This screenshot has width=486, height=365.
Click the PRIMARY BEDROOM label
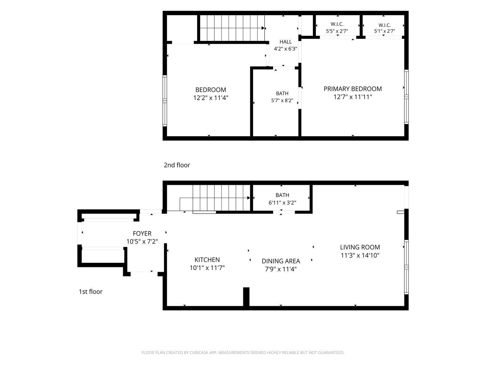point(352,89)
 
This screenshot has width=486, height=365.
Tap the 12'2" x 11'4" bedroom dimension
point(211,98)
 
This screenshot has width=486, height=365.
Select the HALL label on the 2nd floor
point(286,42)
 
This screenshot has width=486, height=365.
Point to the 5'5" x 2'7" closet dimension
point(337,31)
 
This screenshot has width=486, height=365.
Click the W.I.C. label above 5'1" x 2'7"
point(384,25)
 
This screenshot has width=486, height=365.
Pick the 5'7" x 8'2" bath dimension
point(282,101)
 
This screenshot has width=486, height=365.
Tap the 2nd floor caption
point(177,165)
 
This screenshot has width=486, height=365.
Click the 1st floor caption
point(90,292)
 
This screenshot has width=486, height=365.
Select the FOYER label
point(142,233)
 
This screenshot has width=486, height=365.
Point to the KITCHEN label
point(207,260)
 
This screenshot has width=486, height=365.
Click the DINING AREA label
point(281,261)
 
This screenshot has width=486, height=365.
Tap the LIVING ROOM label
point(360,247)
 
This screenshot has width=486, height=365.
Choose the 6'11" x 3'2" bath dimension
point(282,202)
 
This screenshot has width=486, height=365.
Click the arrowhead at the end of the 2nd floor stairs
point(263,28)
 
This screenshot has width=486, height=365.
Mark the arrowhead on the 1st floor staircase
point(249,198)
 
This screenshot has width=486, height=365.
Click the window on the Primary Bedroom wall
point(406,97)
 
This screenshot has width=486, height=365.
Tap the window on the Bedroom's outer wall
point(165,101)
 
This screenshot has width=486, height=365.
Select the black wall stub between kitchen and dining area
point(246,297)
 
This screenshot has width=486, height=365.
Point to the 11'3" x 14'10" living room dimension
point(360,255)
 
